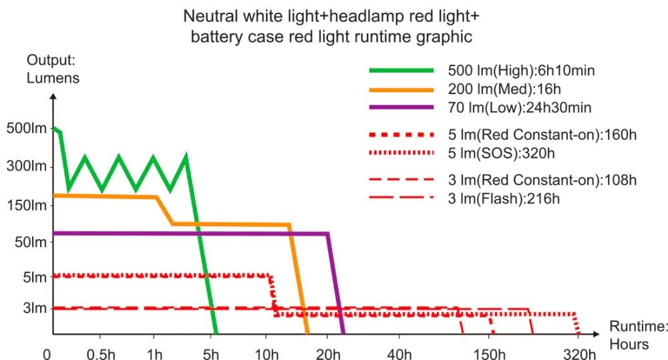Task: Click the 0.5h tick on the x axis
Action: [x=100, y=353]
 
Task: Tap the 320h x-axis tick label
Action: [x=579, y=353]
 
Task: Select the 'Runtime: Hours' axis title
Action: [x=639, y=335]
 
